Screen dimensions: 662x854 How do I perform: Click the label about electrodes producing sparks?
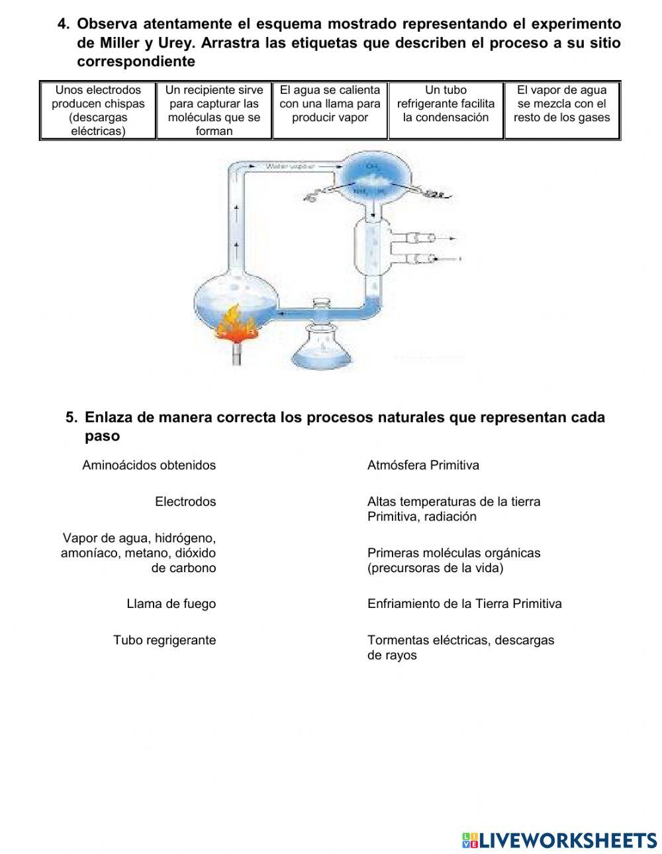(98, 110)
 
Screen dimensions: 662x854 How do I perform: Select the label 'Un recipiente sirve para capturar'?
(214, 110)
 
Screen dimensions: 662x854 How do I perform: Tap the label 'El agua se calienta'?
(330, 104)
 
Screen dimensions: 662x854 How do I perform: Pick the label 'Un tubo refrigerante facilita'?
(446, 104)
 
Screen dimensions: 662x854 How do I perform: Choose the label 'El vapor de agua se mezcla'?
(561, 104)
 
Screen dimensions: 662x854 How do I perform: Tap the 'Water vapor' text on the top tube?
(291, 166)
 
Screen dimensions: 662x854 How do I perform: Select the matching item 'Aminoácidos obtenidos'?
(149, 465)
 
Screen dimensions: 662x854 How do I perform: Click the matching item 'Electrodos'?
(185, 501)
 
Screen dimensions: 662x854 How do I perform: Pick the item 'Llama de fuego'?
(171, 603)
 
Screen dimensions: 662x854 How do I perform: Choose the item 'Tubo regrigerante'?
(164, 640)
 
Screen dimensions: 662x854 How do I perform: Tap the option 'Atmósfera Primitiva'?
(423, 465)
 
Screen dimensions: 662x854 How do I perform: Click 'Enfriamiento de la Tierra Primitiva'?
(464, 603)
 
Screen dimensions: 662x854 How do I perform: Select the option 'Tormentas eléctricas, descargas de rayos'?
(460, 647)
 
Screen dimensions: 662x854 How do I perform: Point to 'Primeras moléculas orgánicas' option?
(453, 560)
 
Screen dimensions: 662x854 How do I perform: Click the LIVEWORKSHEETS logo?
(559, 840)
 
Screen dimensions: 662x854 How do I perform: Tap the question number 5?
(71, 417)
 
